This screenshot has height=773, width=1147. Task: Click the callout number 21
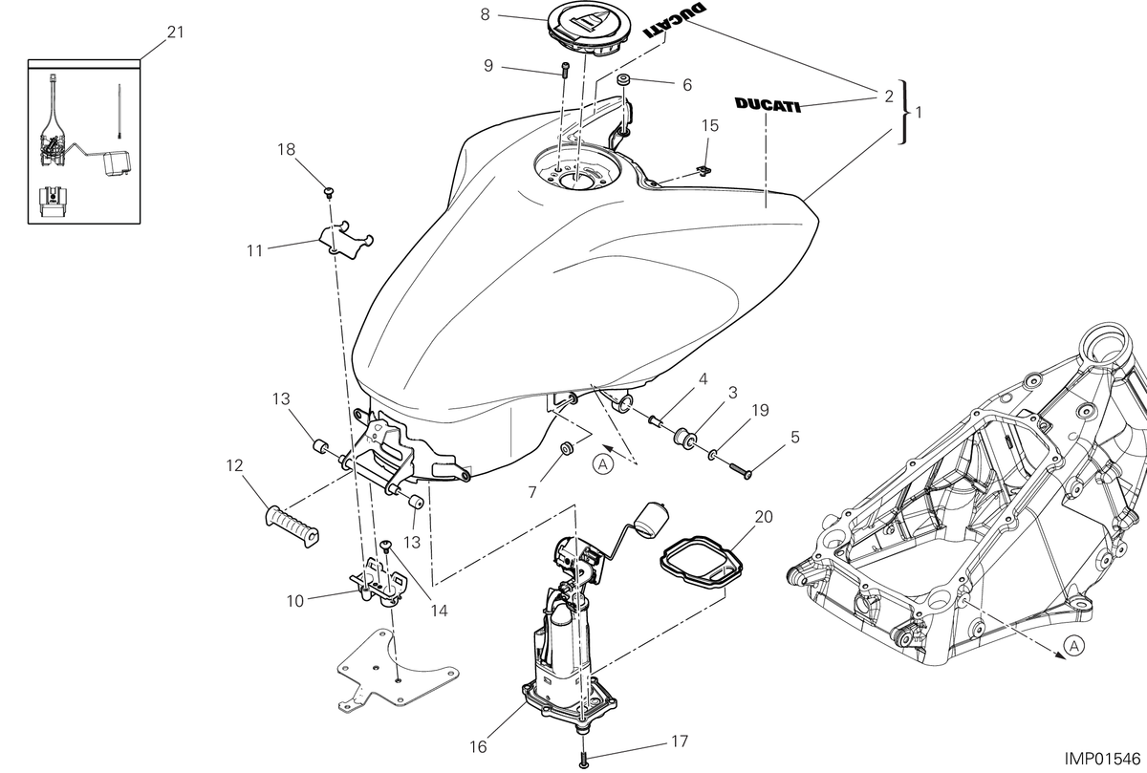[x=175, y=32]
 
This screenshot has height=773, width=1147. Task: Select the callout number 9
[x=488, y=66]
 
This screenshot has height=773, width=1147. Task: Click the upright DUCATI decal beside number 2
[x=768, y=105]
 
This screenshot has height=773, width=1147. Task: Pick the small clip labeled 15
[x=704, y=170]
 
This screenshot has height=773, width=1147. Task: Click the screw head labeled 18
[x=329, y=192]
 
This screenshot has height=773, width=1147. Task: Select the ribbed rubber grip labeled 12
[x=292, y=527]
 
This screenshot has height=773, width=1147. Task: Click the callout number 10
[x=295, y=601]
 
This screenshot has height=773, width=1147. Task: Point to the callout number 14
[x=440, y=611]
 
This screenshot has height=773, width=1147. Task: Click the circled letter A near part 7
[x=603, y=464]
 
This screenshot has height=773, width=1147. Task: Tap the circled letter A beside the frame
[x=1073, y=646]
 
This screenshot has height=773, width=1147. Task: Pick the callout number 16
[x=478, y=747]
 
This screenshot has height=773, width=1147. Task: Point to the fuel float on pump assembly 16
[x=652, y=520]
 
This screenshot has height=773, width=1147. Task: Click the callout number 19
[x=761, y=410]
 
